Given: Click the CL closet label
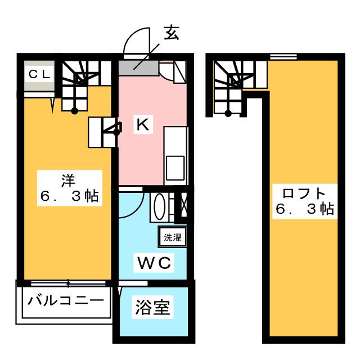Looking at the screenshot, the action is pos(39,74).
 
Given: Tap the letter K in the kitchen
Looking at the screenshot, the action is pos(143,124).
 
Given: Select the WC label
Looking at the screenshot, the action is pos(154,263).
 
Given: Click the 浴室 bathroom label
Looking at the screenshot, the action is pos(152,307).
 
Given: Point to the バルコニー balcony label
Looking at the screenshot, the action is pos(66,300).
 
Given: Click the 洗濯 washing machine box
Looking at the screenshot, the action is pos(172,237).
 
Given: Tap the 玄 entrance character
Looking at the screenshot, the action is pos(171,33).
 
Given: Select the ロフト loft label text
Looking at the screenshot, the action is pos(304,193).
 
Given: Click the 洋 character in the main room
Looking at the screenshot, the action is pos(69,181).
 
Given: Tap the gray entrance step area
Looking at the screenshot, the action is pos(138,68).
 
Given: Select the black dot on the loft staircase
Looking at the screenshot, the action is pos(228,113).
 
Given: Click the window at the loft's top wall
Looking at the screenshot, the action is pos(283,56).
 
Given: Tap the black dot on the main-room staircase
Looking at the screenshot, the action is pos(75,111).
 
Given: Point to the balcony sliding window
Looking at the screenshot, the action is pos(68,283).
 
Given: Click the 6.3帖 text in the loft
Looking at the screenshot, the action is pos(305,209).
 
